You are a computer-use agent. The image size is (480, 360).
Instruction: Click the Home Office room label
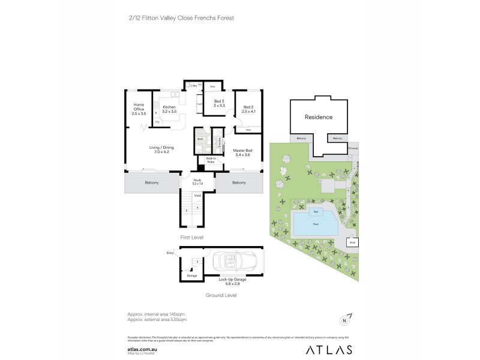coord(139,109)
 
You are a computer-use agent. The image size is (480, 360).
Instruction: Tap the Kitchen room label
coord(169,109)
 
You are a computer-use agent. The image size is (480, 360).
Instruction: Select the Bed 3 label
coord(219,103)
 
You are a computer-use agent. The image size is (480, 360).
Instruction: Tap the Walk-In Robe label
coord(211,161)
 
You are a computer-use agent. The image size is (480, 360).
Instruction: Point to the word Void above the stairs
coord(197,195)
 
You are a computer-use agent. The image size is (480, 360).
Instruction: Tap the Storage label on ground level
coord(192,275)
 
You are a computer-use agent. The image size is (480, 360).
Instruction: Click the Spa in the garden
coord(315,212)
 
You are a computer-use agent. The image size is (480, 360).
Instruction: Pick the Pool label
coord(314,224)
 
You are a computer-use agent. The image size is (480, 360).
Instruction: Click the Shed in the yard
coord(353,243)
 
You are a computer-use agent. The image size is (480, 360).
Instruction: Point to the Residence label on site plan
coord(318,117)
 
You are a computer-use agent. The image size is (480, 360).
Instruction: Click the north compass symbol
coord(345,320)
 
